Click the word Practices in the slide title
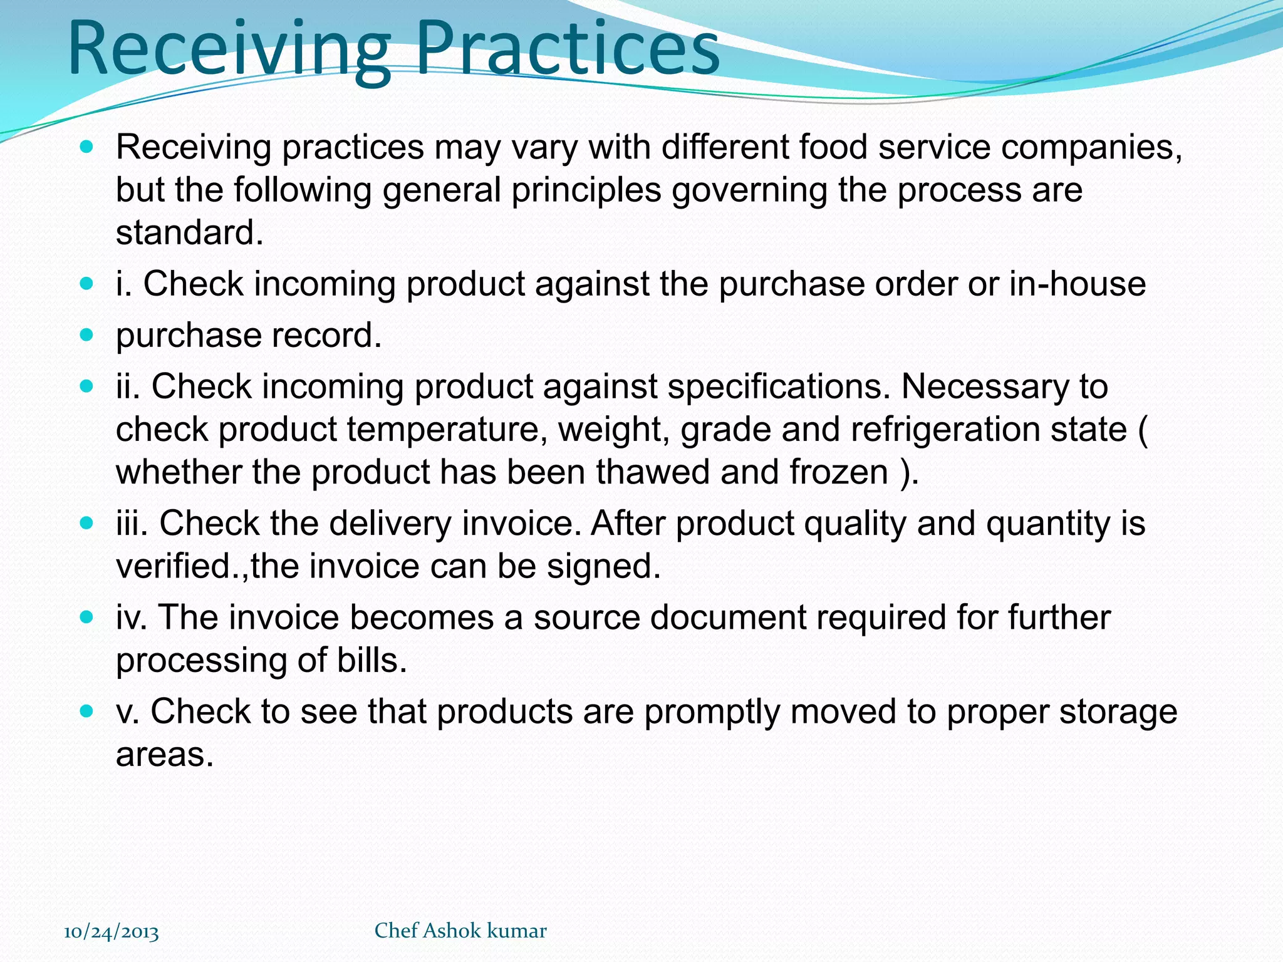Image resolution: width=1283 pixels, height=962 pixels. (567, 50)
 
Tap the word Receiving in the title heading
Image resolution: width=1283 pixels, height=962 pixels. (229, 50)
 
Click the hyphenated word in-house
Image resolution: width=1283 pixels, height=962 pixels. (1078, 284)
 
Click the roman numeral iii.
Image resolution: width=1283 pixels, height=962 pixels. (132, 524)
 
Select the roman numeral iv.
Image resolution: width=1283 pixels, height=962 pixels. (132, 618)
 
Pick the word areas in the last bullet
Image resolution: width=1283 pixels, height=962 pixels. (164, 755)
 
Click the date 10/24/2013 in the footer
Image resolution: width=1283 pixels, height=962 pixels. (112, 932)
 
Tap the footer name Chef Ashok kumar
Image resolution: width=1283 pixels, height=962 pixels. (460, 931)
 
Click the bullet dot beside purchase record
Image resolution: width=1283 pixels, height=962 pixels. (86, 335)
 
